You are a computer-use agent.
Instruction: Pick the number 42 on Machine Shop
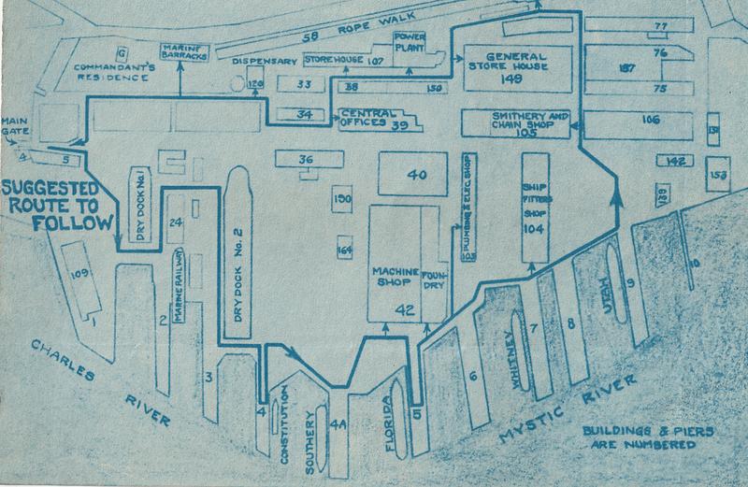403,309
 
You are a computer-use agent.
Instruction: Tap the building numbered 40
416,176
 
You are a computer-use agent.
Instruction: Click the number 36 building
305,160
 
